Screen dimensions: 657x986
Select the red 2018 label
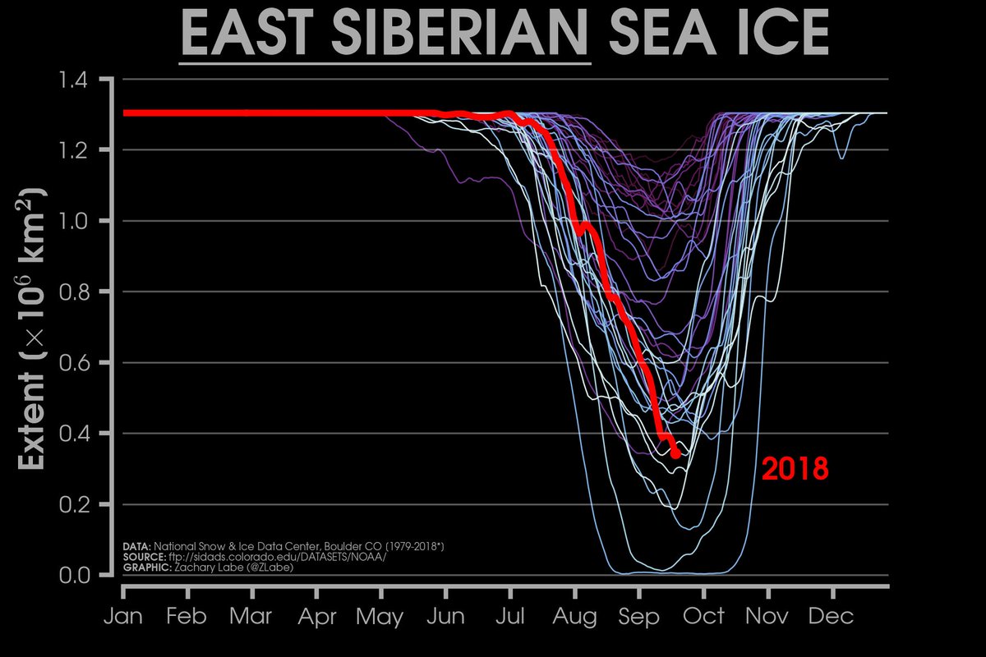pyautogui.click(x=795, y=470)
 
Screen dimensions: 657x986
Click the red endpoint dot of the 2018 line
pyautogui.click(x=675, y=453)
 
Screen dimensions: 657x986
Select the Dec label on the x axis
pyautogui.click(x=833, y=616)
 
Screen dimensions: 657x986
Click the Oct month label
pyautogui.click(x=704, y=616)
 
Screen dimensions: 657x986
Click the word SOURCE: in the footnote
pyautogui.click(x=141, y=556)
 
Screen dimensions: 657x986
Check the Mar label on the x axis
pyautogui.click(x=251, y=616)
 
